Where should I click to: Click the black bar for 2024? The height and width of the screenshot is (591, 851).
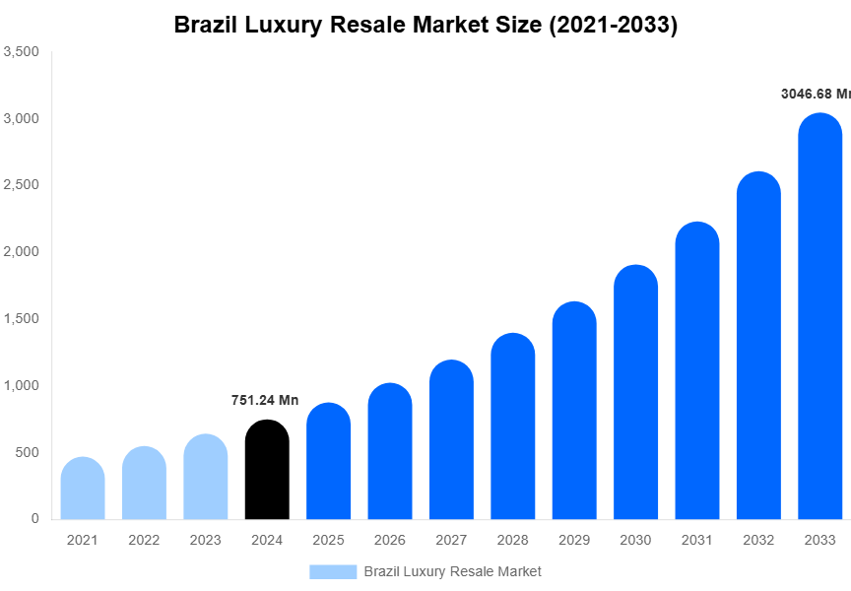click(x=267, y=470)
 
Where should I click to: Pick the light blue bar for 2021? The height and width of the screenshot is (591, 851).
click(x=83, y=489)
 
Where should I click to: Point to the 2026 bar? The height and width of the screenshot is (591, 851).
click(x=390, y=451)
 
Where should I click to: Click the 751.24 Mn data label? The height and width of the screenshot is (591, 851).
click(x=265, y=400)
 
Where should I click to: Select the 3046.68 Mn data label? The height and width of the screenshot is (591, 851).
click(x=815, y=95)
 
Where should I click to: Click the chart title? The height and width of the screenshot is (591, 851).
click(x=425, y=26)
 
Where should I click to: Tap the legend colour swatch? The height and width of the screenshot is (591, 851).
click(x=333, y=571)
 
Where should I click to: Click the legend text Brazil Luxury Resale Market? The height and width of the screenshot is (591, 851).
click(x=452, y=571)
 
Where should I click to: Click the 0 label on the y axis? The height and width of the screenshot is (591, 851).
click(x=34, y=518)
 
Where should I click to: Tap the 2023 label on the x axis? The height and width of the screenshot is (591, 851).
click(x=205, y=540)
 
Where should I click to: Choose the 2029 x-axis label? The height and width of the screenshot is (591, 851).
click(x=574, y=540)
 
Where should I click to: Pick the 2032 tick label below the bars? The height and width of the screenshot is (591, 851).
click(x=758, y=540)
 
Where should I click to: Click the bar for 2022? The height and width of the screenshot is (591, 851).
click(x=144, y=484)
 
